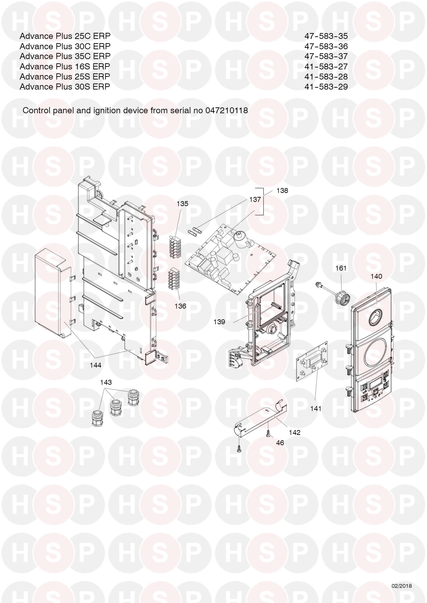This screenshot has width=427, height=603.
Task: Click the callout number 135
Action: [x=182, y=204]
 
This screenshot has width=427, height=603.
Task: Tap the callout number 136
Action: [x=180, y=306]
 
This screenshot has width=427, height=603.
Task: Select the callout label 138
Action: [x=282, y=190]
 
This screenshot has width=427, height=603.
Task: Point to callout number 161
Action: [x=341, y=268]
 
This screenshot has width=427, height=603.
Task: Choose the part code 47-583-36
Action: [x=326, y=46]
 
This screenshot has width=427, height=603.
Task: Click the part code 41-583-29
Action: [x=326, y=87]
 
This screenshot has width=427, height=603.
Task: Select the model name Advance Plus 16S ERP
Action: [x=65, y=66]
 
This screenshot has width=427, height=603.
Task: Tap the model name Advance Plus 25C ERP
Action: [x=65, y=36]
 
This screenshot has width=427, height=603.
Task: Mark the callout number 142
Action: [x=294, y=433]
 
